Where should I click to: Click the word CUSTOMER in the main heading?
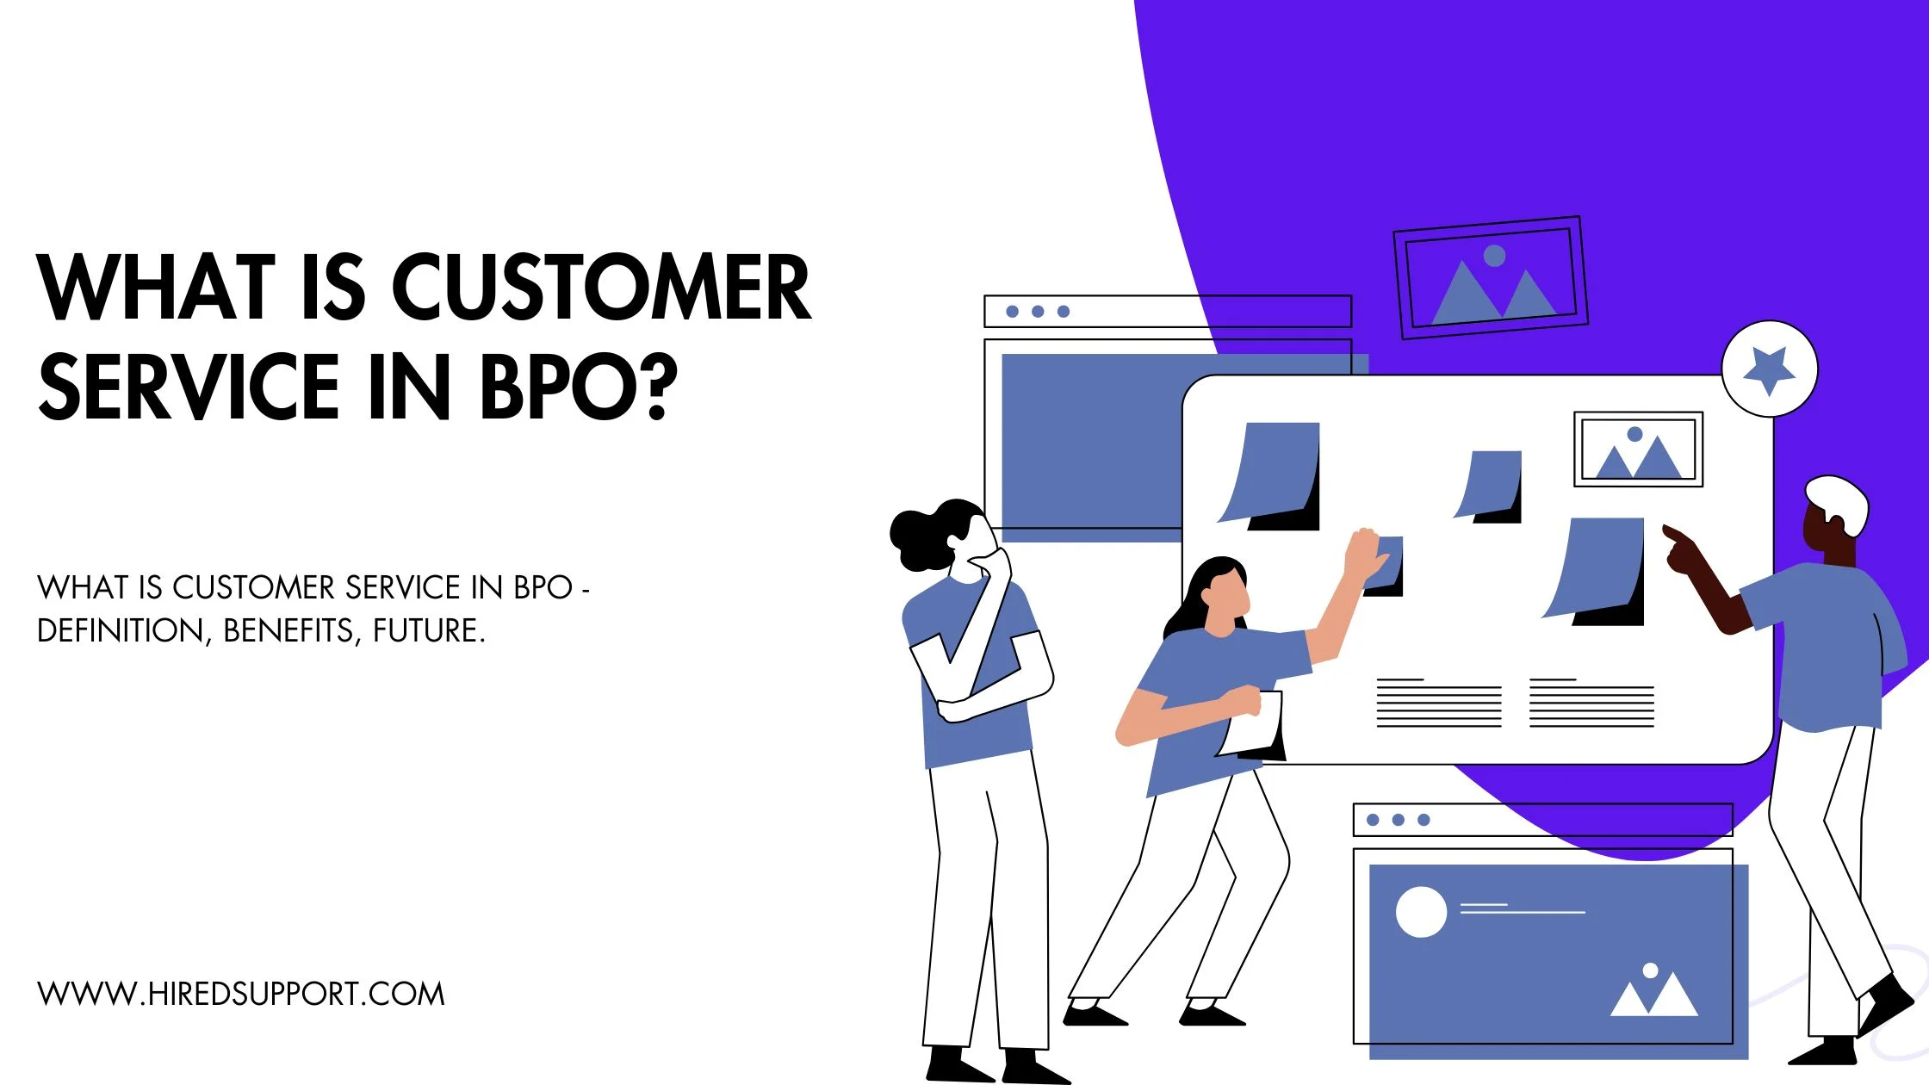coord(601,288)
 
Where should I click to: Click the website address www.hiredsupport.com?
coord(241,994)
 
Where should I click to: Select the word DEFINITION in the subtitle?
coord(121,631)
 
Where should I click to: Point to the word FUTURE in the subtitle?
coord(429,631)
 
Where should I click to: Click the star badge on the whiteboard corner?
coord(1769,369)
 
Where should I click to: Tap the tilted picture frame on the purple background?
coord(1491,277)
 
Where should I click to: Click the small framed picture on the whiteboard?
coord(1638,449)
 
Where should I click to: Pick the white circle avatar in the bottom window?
coord(1421,912)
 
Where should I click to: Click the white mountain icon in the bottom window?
coord(1653,995)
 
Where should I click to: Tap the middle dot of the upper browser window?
coord(1038,312)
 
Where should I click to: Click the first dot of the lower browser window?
coord(1373,820)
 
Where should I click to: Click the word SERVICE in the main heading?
coord(189,387)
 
